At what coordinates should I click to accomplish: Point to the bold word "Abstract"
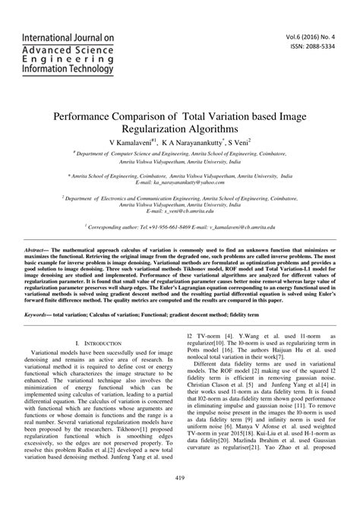click(x=39, y=249)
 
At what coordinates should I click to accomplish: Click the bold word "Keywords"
click(x=39, y=313)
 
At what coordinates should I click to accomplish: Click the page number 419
click(x=180, y=476)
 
